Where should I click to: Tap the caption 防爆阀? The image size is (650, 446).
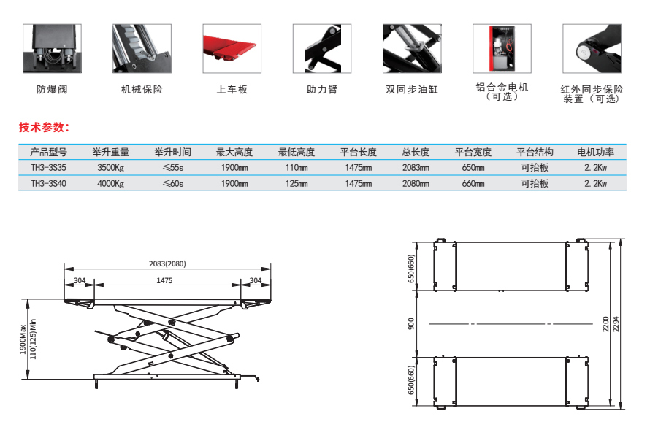tap(52, 90)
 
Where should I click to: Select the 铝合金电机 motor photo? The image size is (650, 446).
tap(501, 48)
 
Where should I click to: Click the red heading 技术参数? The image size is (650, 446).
tap(44, 127)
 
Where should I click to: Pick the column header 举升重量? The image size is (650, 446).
tap(111, 153)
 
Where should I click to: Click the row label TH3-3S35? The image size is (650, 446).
tap(48, 168)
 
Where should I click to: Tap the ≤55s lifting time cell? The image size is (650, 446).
tap(172, 168)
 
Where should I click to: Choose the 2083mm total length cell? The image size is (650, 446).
tap(416, 168)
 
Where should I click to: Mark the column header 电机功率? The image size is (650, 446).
tap(596, 153)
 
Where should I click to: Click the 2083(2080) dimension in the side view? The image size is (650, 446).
tap(167, 264)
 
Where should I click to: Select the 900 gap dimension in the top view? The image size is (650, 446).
tap(413, 323)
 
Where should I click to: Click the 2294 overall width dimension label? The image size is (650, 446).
tap(614, 323)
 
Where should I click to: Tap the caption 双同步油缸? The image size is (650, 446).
tap(412, 91)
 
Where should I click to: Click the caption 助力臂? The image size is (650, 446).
tap(322, 90)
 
